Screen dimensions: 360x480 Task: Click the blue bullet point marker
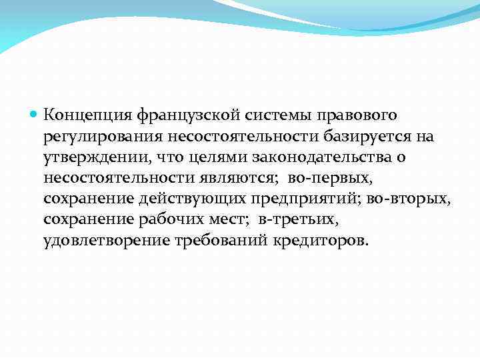[x=35, y=115]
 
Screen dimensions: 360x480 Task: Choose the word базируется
[x=352, y=137]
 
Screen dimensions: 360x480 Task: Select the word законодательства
[x=333, y=157]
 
